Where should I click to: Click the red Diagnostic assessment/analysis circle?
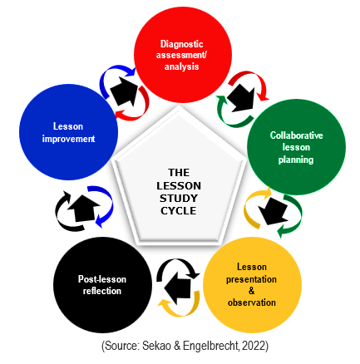coord(183,55)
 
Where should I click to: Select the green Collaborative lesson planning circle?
coord(296,147)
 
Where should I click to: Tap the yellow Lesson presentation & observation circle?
coord(252,284)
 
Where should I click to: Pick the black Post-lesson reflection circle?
coord(102,284)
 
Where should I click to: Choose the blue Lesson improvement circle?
coord(68,132)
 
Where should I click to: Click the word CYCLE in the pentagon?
coord(179,211)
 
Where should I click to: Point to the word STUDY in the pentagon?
coord(179,199)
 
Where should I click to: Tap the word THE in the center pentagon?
coord(179,173)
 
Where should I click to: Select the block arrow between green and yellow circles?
coord(273,210)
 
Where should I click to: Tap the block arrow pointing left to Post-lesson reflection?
coord(178,288)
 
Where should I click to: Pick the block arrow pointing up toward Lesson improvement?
coord(83,208)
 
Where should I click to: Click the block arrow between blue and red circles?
coord(125,91)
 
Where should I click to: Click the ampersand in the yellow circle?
coord(251,291)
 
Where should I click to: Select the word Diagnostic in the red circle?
coord(182,44)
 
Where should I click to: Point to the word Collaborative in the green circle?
coord(296,135)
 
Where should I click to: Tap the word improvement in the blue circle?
coord(68,139)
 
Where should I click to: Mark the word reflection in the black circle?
coord(102,291)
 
